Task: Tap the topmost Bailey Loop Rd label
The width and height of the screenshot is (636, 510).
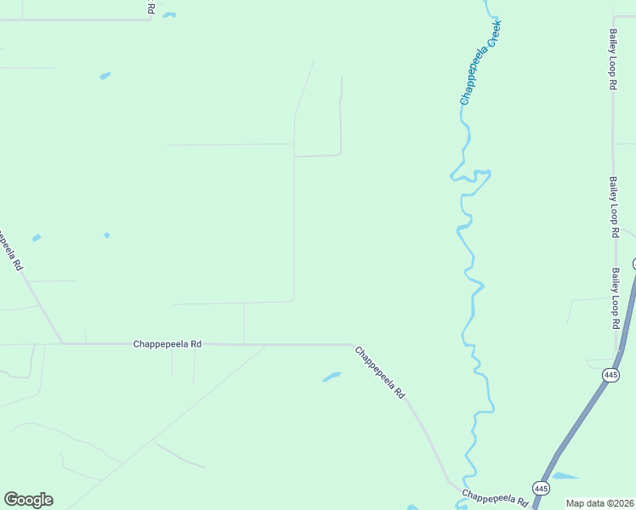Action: pos(612,59)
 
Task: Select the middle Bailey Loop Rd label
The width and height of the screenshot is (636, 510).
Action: pos(613,207)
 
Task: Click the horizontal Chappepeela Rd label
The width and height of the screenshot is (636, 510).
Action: pos(168,344)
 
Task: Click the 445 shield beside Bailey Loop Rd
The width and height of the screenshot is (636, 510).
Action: pos(610,375)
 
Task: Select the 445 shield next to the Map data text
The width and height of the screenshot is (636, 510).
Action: pos(541,488)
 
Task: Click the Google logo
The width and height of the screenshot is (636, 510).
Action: pos(28,500)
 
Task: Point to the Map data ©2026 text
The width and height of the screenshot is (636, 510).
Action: pos(599,503)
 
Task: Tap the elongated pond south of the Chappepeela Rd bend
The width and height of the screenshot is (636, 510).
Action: pos(332,377)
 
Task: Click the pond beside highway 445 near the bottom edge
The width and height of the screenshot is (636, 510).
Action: pos(566,476)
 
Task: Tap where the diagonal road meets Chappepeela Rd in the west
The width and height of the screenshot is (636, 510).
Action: pos(62,343)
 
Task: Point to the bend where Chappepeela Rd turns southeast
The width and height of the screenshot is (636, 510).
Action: pos(350,345)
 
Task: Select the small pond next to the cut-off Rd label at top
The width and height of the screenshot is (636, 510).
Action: pos(169,14)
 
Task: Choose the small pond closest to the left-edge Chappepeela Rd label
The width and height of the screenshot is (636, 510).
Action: pos(37,237)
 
